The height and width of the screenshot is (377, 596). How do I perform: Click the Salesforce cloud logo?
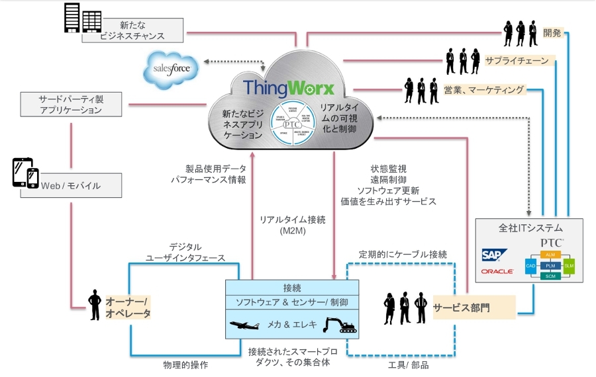point(172,69)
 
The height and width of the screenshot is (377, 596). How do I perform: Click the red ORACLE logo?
point(497,272)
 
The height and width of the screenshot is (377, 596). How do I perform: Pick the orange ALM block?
point(550,254)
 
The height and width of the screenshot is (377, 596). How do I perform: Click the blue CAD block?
point(530,265)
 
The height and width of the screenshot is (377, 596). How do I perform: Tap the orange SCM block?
point(550,276)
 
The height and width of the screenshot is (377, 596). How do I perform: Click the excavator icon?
point(340,324)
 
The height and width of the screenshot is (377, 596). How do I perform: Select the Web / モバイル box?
point(80,185)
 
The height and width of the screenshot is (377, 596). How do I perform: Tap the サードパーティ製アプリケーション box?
point(71,105)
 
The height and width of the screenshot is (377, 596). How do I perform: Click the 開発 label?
point(552,32)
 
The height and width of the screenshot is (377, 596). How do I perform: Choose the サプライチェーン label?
point(516,61)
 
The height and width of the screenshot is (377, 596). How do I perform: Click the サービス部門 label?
point(464,308)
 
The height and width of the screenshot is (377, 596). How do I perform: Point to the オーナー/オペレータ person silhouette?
point(95,305)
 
